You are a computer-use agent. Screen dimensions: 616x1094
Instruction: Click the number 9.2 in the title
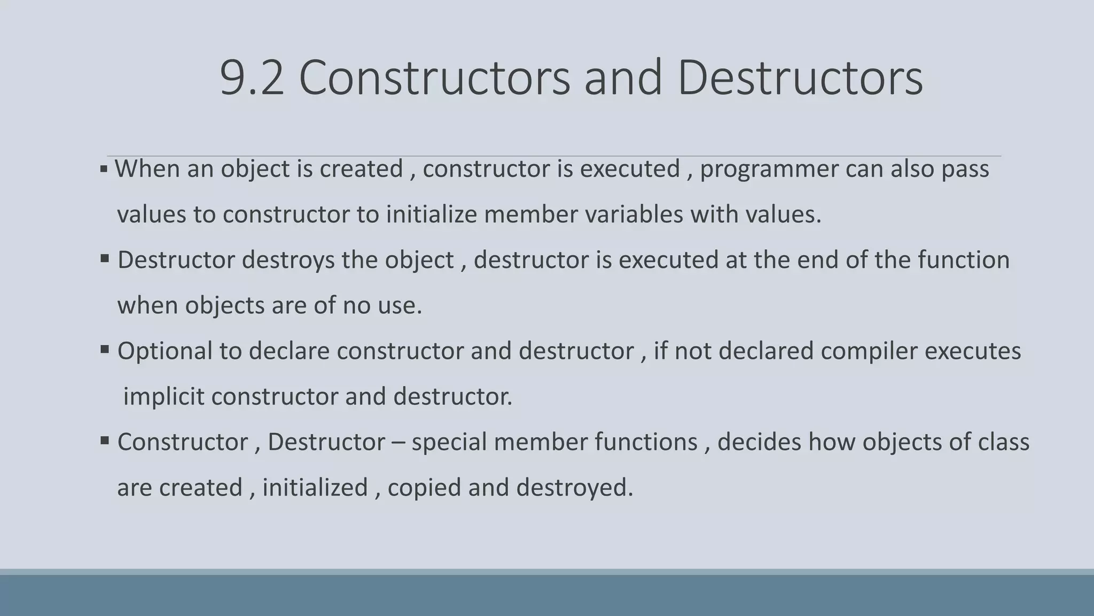point(252,78)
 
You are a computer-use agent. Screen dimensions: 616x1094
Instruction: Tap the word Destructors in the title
point(800,78)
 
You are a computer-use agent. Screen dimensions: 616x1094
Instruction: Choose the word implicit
point(163,397)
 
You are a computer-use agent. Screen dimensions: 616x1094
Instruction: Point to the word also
point(912,169)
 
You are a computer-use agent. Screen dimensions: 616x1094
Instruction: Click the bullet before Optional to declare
point(105,350)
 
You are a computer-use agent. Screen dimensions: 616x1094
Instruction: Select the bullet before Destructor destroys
point(105,259)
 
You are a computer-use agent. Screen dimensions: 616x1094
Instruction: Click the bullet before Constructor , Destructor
point(105,441)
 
